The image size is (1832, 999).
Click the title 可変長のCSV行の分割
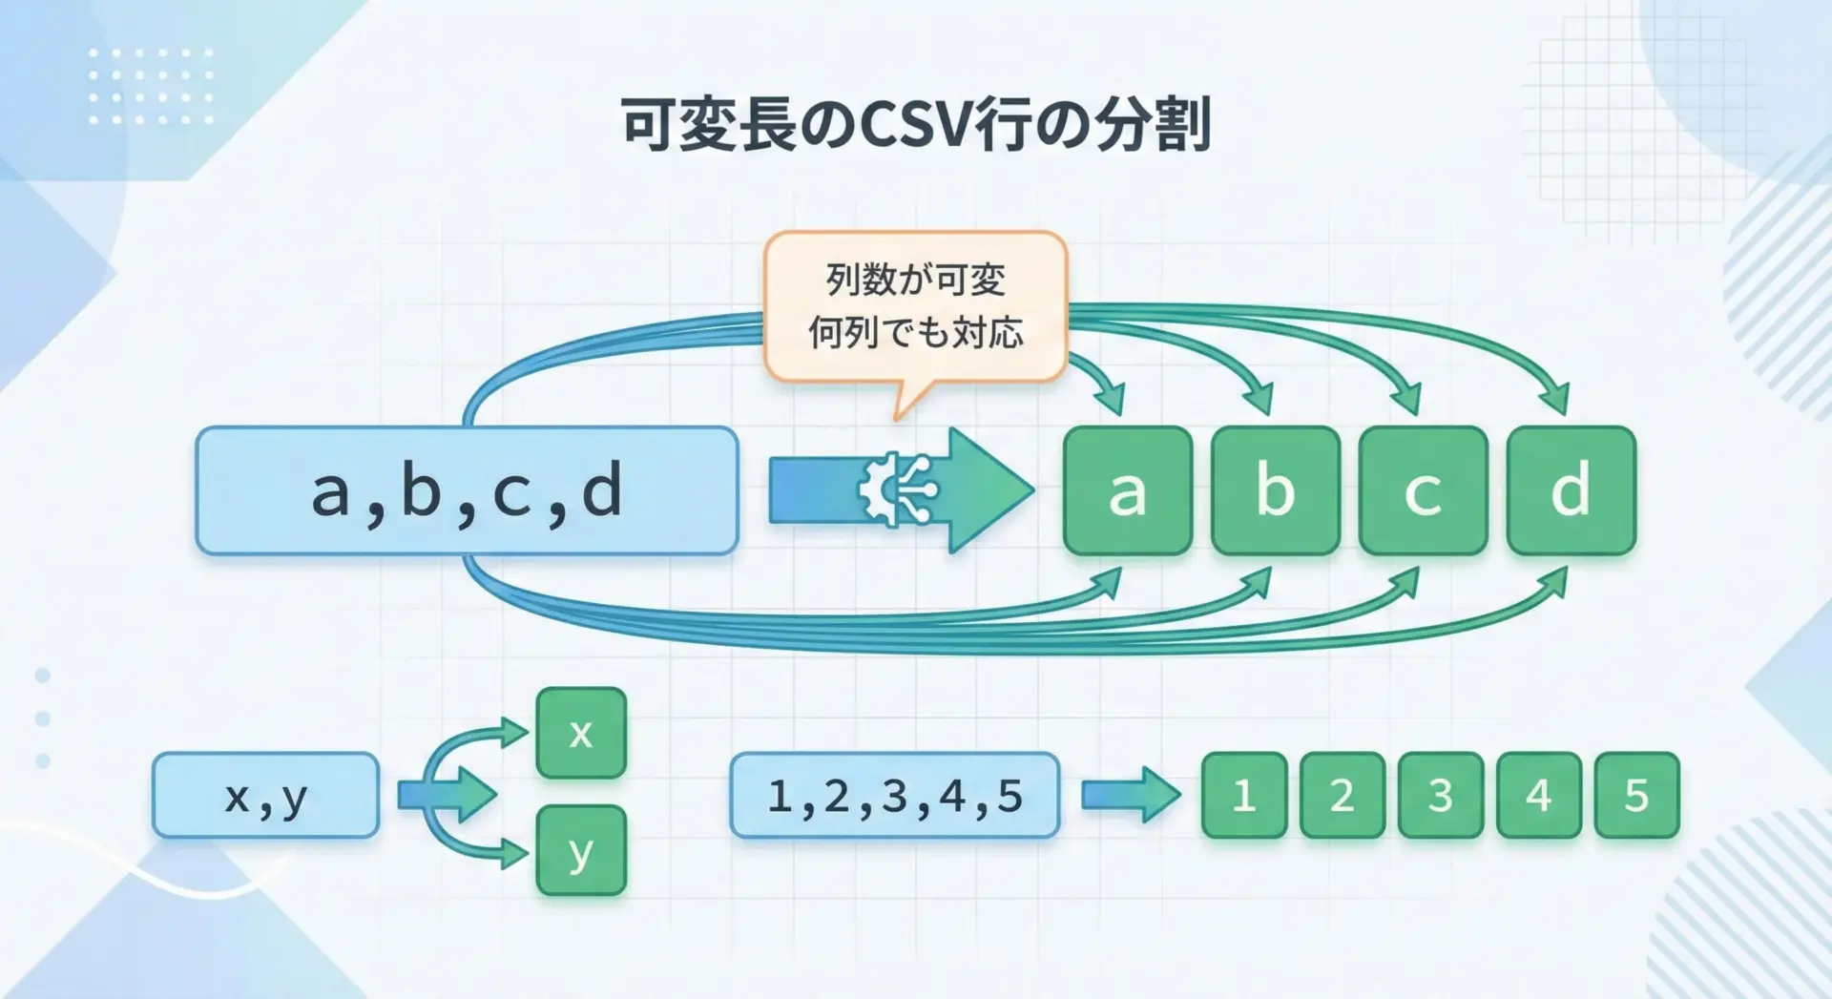(x=916, y=124)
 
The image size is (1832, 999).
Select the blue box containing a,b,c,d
(x=467, y=490)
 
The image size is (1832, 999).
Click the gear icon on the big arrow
(x=897, y=489)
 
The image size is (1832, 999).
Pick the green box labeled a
(x=1127, y=490)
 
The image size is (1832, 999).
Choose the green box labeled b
(x=1275, y=490)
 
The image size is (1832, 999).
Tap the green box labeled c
(x=1423, y=490)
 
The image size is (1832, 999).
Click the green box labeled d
(x=1571, y=490)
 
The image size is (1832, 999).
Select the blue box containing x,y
(x=265, y=795)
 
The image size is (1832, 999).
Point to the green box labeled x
(x=581, y=733)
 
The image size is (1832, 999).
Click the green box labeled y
(x=581, y=850)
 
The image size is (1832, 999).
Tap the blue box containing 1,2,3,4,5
(x=894, y=795)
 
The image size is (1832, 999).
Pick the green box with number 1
(x=1243, y=795)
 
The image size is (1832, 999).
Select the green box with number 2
(x=1342, y=795)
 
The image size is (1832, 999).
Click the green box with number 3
(x=1440, y=795)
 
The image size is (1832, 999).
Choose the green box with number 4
(x=1538, y=795)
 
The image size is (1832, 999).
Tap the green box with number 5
(x=1636, y=795)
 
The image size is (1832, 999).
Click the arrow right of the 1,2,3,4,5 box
(x=1131, y=795)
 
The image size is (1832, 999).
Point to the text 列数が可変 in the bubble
(x=915, y=280)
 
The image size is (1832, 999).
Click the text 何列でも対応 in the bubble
(x=915, y=333)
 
